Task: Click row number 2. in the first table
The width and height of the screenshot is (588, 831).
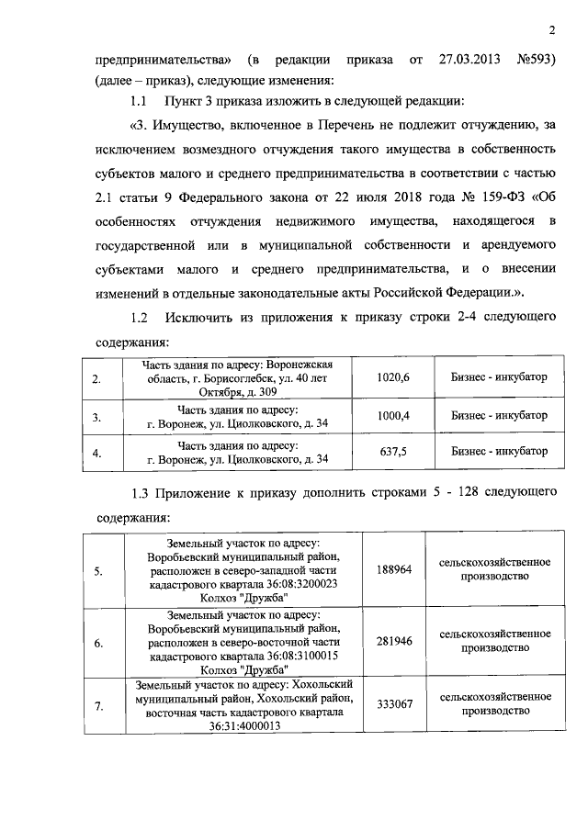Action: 98,378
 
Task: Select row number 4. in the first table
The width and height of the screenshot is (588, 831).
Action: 98,452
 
